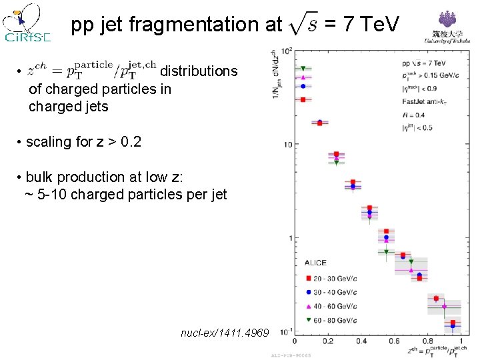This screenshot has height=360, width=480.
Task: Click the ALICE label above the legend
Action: (x=316, y=263)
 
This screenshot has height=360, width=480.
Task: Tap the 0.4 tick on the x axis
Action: (x=361, y=341)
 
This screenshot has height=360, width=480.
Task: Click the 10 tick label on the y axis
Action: (x=286, y=145)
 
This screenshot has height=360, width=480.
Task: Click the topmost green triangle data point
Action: (x=303, y=69)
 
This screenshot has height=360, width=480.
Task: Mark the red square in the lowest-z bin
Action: (x=303, y=99)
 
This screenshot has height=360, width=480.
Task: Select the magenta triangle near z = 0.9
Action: (x=444, y=307)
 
